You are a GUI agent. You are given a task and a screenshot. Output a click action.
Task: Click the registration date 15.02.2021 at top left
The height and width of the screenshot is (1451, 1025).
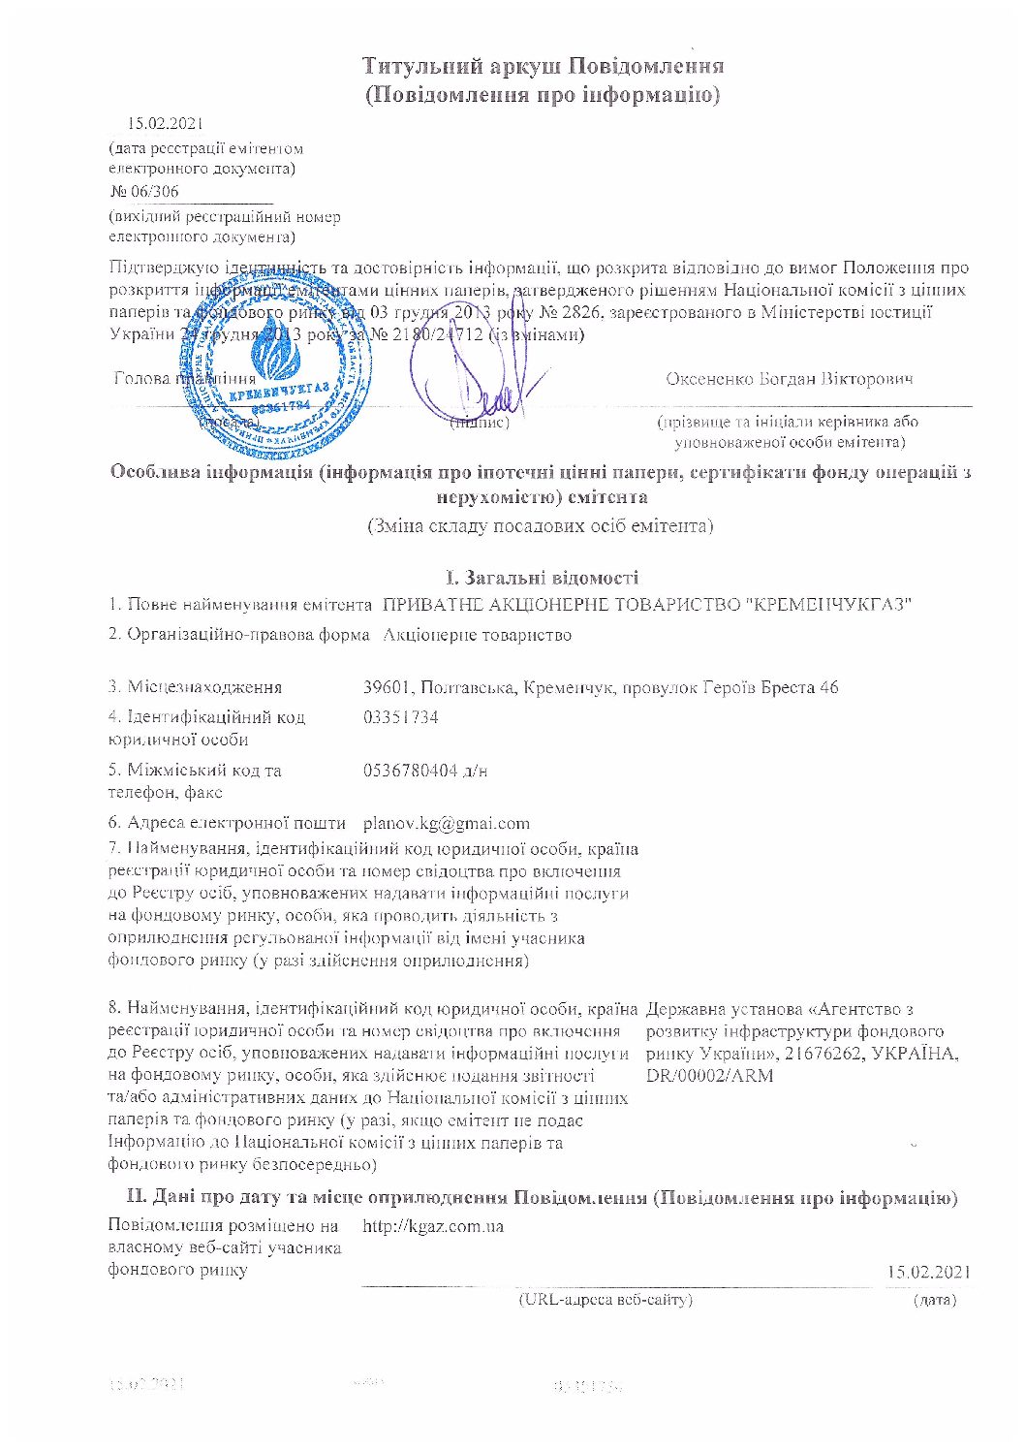click(165, 124)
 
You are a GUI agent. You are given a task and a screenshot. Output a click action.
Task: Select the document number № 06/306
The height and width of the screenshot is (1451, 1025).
click(144, 191)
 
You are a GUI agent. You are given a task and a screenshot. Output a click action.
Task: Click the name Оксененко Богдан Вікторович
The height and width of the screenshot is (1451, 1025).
click(789, 379)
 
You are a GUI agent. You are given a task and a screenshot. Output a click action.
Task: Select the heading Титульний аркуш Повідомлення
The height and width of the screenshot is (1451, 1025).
click(543, 67)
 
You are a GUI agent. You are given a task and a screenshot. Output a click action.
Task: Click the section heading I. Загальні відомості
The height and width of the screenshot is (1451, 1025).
click(542, 578)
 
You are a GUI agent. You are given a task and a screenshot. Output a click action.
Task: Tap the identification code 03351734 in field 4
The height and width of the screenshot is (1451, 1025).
click(400, 717)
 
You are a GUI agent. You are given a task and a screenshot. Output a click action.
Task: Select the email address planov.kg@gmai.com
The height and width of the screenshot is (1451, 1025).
click(446, 823)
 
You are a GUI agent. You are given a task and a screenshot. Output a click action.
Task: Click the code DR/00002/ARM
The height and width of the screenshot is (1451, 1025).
click(709, 1076)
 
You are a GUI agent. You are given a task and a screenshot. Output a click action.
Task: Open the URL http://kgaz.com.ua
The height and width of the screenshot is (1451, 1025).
click(432, 1226)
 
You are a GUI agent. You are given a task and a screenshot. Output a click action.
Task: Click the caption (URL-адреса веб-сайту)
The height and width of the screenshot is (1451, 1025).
click(606, 1299)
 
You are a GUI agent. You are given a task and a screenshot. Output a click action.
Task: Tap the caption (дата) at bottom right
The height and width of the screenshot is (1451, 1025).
click(934, 1299)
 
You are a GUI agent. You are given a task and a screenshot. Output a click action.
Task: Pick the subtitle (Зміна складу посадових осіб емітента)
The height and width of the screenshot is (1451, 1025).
click(541, 526)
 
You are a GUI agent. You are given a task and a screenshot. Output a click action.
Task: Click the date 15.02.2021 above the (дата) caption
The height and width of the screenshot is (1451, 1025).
click(927, 1272)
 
